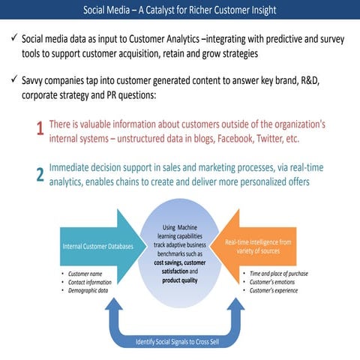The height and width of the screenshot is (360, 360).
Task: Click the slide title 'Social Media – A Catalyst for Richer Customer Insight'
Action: pos(180,10)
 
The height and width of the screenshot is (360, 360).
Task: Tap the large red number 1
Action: pos(39,130)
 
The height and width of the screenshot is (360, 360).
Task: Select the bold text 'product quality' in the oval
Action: pos(180,280)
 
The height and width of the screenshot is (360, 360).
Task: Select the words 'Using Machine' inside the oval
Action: pos(180,227)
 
